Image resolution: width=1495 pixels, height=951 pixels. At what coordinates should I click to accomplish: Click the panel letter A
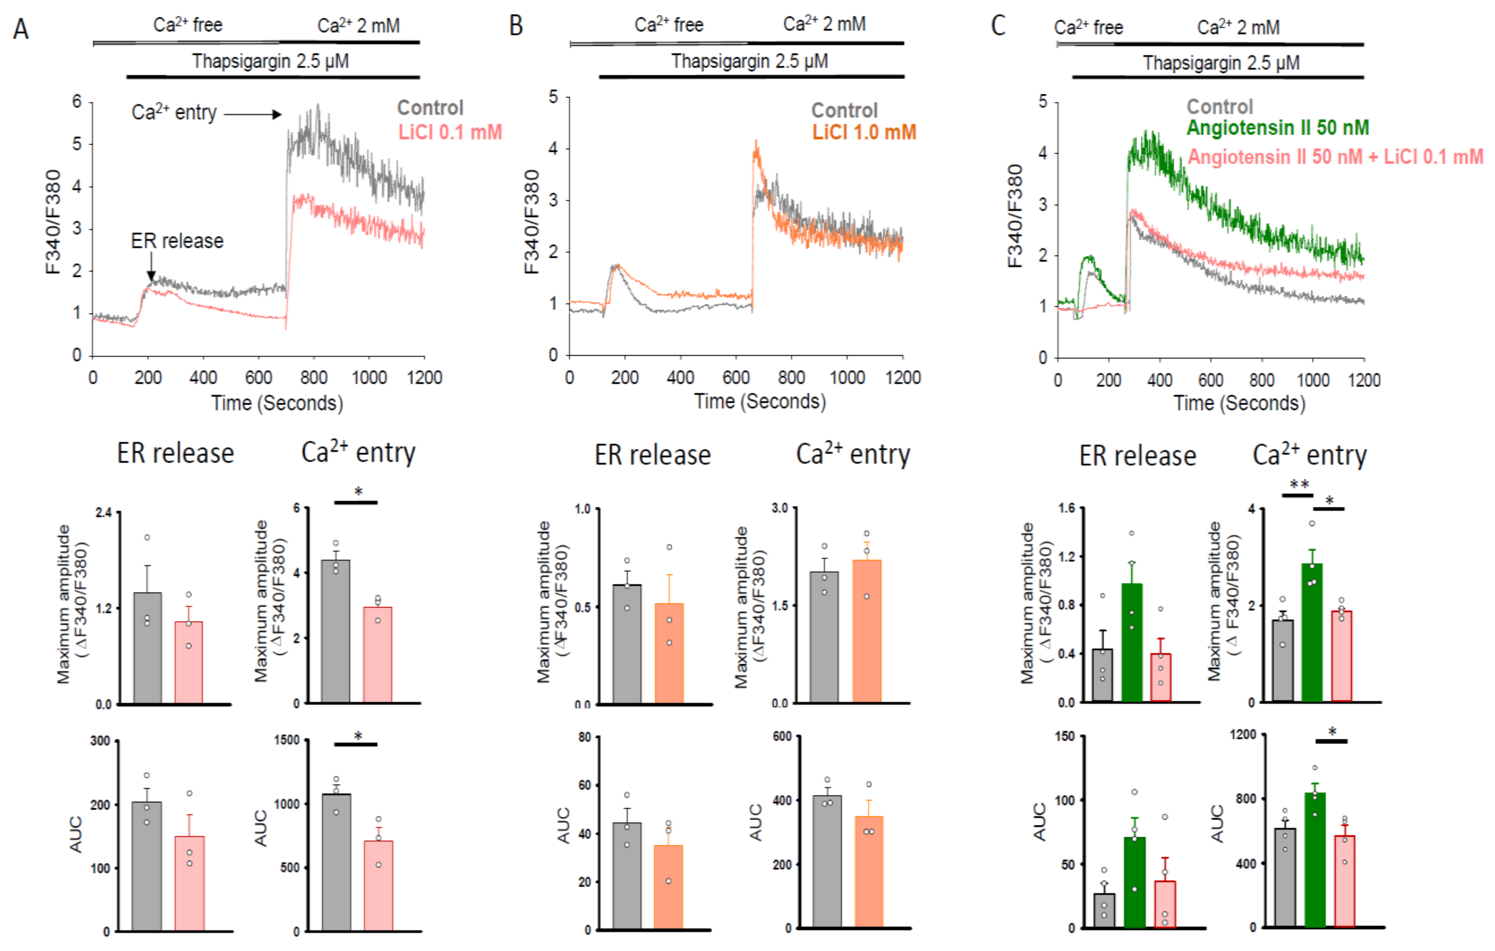click(x=21, y=29)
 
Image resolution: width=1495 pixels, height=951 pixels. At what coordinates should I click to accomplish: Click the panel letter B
click(x=516, y=26)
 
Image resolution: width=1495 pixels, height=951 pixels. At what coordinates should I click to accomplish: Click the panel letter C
click(x=998, y=26)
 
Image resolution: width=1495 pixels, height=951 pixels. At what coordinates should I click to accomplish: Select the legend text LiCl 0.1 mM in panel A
click(x=450, y=132)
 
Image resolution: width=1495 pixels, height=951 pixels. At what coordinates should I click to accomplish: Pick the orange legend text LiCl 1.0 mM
click(x=864, y=132)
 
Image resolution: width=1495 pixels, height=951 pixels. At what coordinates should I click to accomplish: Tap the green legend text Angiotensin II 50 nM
click(x=1278, y=128)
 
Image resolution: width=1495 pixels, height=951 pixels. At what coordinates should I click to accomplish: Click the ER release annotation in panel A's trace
click(x=177, y=241)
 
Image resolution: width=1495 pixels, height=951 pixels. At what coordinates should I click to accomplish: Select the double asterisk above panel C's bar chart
click(x=1299, y=485)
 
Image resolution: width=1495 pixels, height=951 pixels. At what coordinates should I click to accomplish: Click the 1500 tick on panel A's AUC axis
click(x=287, y=740)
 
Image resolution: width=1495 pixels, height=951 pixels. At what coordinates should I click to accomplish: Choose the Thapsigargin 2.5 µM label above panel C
click(x=1221, y=63)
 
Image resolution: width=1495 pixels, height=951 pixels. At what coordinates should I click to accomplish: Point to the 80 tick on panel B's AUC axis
click(x=584, y=737)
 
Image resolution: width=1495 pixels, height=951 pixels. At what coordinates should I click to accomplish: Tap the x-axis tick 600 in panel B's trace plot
click(x=736, y=378)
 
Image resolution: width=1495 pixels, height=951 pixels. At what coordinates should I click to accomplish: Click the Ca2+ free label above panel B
click(x=669, y=25)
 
